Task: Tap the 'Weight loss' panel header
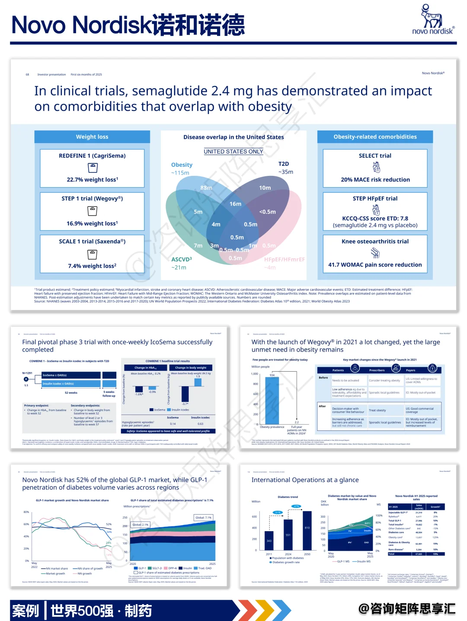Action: point(92,137)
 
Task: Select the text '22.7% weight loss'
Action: point(92,180)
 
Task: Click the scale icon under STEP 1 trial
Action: point(92,211)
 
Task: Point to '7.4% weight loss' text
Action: point(92,266)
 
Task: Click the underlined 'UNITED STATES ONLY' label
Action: point(233,152)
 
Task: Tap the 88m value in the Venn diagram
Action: point(206,188)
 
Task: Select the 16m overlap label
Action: point(235,204)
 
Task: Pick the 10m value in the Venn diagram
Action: point(265,188)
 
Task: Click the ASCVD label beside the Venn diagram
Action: point(181,259)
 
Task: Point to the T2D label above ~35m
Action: point(284,164)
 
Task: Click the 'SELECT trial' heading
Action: point(375,156)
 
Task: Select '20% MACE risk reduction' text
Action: point(375,180)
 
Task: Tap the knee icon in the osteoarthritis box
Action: point(375,253)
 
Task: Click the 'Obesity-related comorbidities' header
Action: point(375,137)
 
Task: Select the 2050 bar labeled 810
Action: point(307,531)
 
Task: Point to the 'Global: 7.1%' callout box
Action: point(203,517)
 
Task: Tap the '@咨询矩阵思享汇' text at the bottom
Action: point(407,609)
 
